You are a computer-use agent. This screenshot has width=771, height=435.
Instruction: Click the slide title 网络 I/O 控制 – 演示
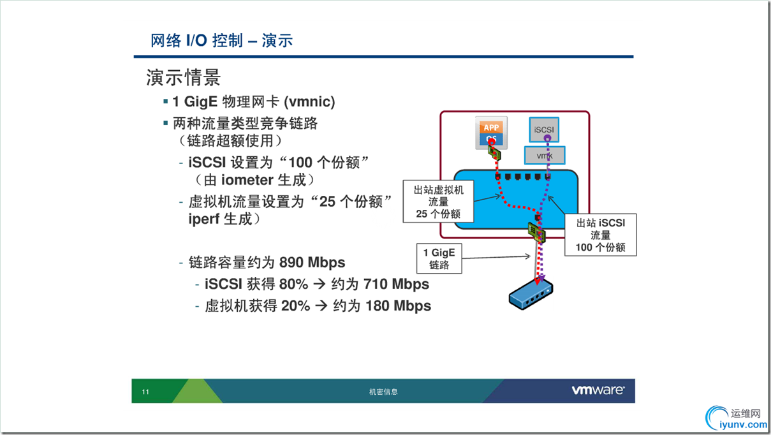click(x=222, y=41)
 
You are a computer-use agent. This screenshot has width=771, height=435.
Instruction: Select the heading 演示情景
click(x=183, y=77)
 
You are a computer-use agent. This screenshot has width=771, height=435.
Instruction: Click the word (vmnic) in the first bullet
click(x=309, y=102)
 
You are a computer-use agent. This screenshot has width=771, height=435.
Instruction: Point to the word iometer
click(x=247, y=180)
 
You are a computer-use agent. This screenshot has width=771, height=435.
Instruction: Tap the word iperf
click(x=204, y=219)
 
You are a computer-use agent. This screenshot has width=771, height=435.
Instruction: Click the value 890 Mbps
click(x=312, y=262)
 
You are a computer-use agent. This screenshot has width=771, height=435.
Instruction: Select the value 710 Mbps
click(x=396, y=284)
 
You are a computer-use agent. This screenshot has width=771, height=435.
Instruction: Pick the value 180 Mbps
click(x=398, y=306)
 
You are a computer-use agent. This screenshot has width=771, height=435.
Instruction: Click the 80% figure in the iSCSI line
click(x=293, y=284)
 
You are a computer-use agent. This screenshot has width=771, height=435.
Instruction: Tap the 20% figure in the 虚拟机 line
click(x=295, y=306)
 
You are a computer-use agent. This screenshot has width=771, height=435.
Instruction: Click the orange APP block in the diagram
click(x=491, y=127)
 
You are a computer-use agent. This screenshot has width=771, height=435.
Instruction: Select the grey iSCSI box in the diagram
click(x=544, y=129)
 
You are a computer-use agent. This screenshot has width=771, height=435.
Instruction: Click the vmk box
click(x=545, y=156)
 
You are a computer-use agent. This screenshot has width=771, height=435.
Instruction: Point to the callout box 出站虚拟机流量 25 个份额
click(x=438, y=202)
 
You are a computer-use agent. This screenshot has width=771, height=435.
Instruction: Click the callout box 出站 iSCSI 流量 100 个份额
click(x=601, y=235)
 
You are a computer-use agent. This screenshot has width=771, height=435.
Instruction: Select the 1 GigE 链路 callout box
click(x=439, y=258)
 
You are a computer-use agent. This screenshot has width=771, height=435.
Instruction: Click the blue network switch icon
click(x=531, y=295)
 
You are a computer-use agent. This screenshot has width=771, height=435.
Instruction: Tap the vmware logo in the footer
click(x=598, y=390)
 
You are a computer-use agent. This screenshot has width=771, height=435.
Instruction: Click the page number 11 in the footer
click(x=145, y=392)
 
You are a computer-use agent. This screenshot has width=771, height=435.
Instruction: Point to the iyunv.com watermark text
click(x=743, y=424)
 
